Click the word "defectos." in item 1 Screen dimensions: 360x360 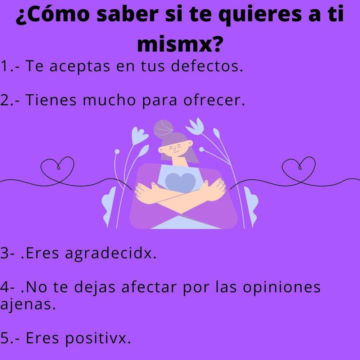coord(207,66)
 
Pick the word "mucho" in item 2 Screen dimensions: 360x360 coord(109,100)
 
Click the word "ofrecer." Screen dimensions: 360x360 coord(214,100)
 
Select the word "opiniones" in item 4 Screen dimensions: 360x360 coord(282,288)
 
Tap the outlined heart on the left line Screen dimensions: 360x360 coord(57,169)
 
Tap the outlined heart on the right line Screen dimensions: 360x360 coord(299,169)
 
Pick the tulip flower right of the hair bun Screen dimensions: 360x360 coord(195,126)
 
